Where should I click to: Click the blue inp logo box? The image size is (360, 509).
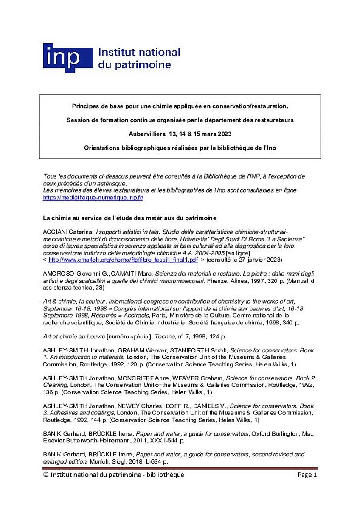pos(67,58)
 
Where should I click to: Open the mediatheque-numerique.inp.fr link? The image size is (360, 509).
pos(99,197)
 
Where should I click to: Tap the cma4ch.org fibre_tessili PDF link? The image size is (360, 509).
pos(123,259)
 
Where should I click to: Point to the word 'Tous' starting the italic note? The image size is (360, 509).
pos(49,176)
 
